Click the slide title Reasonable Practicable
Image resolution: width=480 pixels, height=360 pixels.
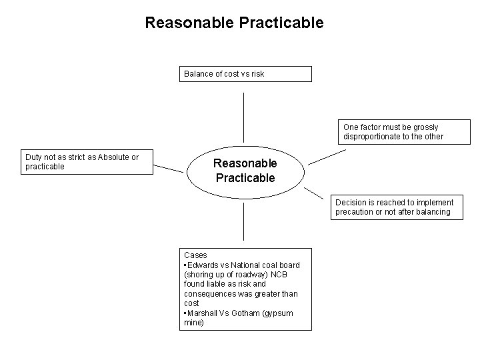coord(234,23)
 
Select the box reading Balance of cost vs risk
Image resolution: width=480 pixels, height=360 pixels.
coord(247,74)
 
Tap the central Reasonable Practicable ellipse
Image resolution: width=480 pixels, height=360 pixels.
coord(245,171)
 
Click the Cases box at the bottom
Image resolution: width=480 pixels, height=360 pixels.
coord(247,289)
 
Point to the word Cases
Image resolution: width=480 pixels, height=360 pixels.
coord(195,255)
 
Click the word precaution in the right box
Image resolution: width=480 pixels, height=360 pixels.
coord(355,213)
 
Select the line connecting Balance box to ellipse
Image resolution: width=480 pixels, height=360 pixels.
coord(244,117)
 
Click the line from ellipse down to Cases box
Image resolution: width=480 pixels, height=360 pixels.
coord(244,221)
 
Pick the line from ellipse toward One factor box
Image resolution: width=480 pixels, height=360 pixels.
coord(327,157)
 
